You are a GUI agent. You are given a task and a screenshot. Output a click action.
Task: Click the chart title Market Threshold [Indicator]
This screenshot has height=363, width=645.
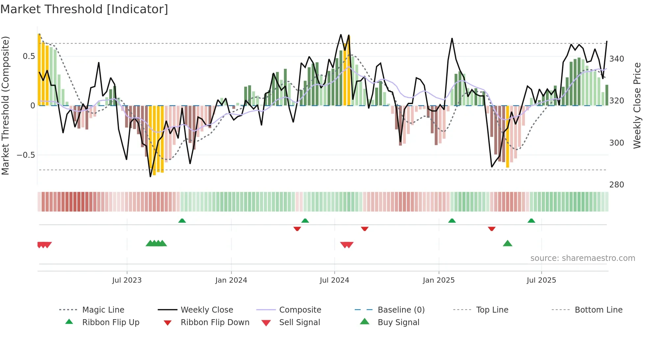pos(84,9)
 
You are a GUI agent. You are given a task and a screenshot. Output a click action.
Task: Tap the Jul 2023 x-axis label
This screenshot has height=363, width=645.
pos(127,280)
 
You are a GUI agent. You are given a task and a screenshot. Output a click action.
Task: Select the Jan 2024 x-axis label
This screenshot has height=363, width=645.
pos(231,280)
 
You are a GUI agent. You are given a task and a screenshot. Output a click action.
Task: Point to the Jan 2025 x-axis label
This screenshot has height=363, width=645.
pos(439,280)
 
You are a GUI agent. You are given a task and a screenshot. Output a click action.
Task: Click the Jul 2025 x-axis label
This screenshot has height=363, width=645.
pos(541,280)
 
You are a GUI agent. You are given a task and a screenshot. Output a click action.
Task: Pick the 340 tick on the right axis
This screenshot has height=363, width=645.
pos(617,59)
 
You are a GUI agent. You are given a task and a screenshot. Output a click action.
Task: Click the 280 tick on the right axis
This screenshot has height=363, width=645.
pos(617,185)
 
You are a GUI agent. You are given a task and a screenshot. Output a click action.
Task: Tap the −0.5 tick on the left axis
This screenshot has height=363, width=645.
pos(26,155)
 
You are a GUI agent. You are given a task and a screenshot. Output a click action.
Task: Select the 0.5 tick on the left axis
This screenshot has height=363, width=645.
pos(29,56)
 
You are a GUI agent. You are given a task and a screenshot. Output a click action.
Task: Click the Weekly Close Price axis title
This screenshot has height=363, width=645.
pos(637,105)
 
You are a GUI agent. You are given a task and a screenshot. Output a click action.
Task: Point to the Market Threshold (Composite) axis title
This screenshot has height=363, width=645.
pos(5,105)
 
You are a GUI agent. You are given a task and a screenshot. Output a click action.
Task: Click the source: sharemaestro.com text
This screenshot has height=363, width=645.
pos(582,258)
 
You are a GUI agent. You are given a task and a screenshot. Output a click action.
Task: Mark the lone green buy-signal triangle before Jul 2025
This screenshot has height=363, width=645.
pos(507,244)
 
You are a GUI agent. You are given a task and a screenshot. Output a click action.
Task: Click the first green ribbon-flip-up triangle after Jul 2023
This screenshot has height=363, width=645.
pos(182,221)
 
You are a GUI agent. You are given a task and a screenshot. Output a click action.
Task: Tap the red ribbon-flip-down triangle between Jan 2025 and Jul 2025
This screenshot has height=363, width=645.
pos(492,229)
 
